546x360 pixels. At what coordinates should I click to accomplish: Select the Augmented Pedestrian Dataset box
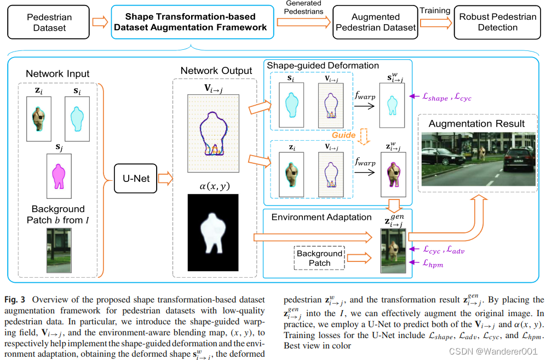click(375, 22)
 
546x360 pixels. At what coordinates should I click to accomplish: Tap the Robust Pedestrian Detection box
click(497, 22)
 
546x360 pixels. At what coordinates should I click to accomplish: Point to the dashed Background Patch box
click(319, 258)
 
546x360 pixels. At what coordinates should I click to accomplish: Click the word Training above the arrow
click(435, 11)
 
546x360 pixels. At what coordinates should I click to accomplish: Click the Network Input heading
click(58, 73)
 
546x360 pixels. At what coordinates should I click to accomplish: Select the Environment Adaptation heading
click(321, 217)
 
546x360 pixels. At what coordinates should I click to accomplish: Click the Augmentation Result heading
click(476, 124)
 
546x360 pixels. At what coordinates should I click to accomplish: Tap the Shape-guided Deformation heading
click(323, 66)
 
